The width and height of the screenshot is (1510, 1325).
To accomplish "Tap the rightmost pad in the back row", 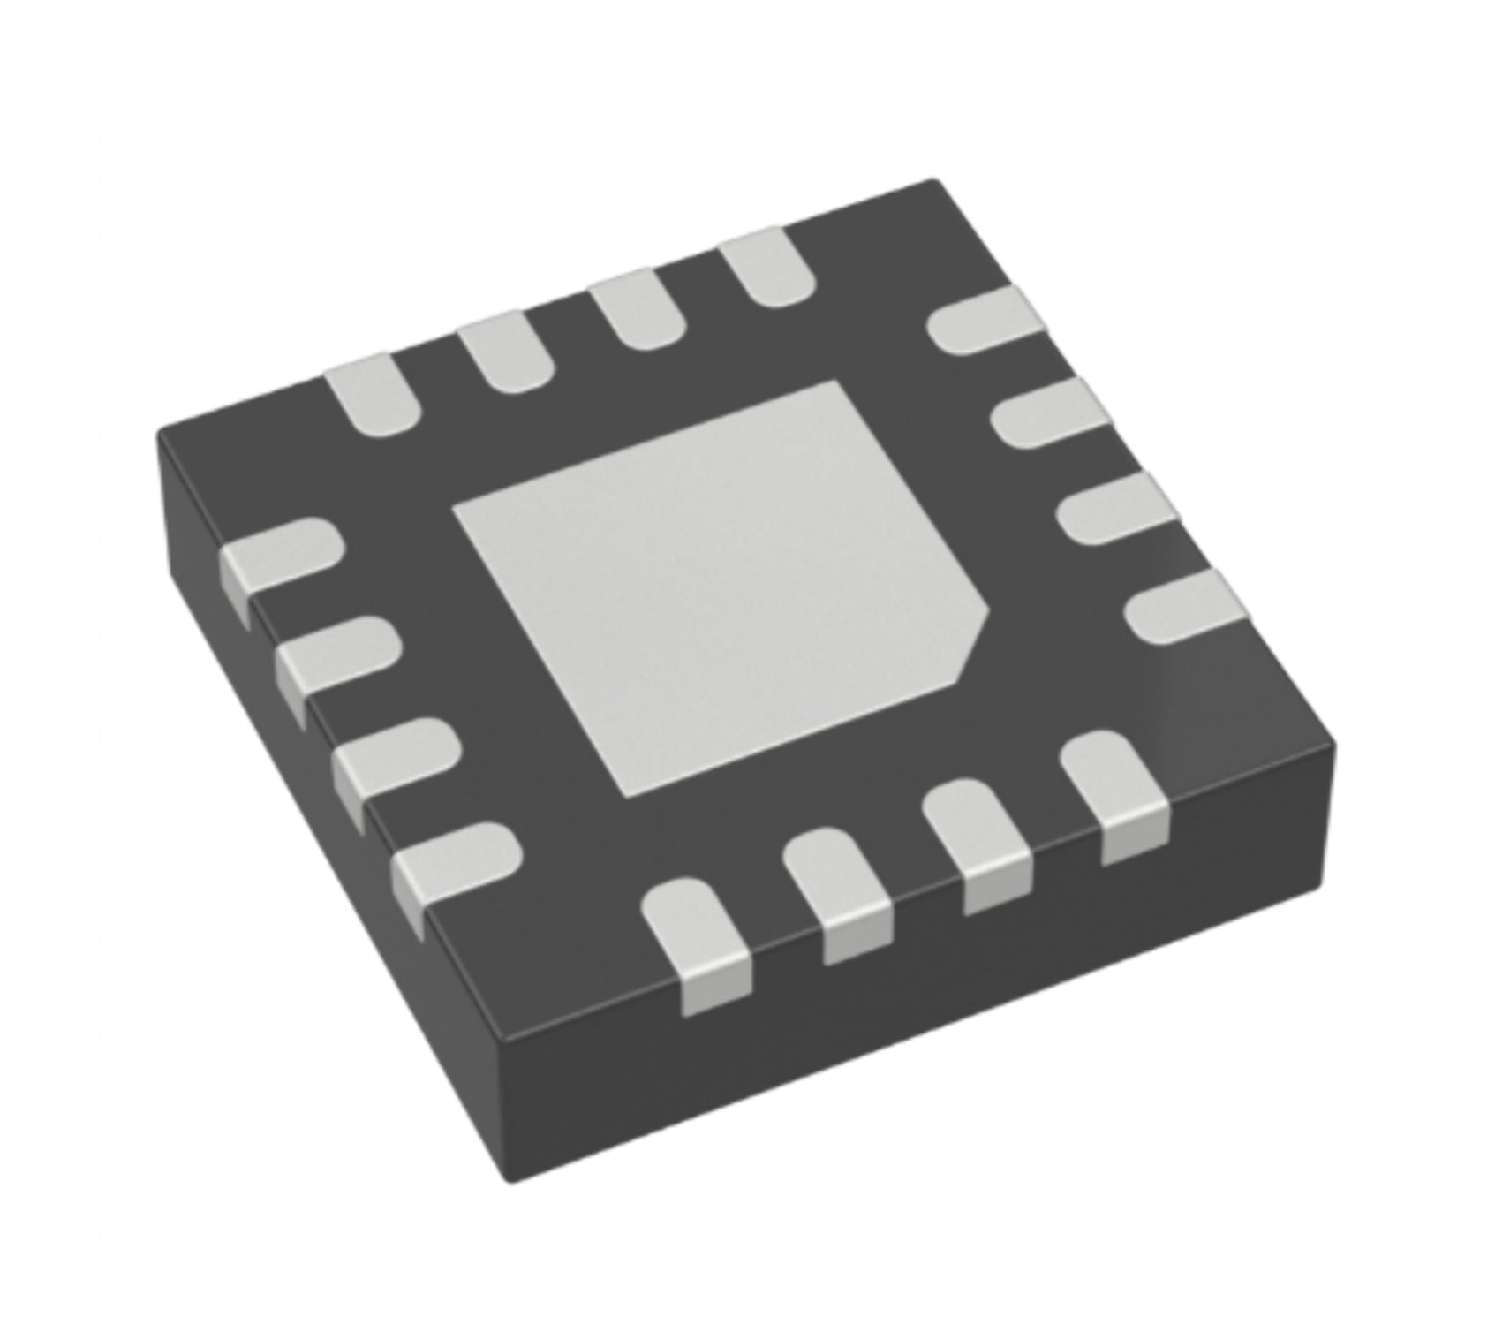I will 766,267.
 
